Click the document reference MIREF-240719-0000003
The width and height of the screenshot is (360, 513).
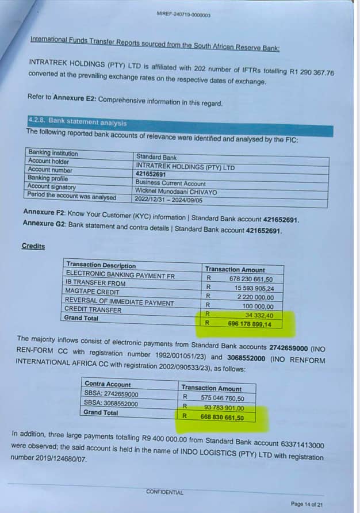(183, 14)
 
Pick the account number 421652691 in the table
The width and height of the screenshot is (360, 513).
(151, 174)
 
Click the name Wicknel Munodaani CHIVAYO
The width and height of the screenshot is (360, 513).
(176, 191)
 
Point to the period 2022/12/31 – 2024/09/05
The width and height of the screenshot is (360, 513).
(165, 198)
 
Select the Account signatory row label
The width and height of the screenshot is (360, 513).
(51, 187)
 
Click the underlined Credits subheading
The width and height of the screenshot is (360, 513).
(33, 246)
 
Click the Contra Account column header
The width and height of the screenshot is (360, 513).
(108, 384)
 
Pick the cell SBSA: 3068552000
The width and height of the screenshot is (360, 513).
(111, 404)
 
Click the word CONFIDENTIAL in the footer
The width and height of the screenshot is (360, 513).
(164, 492)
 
